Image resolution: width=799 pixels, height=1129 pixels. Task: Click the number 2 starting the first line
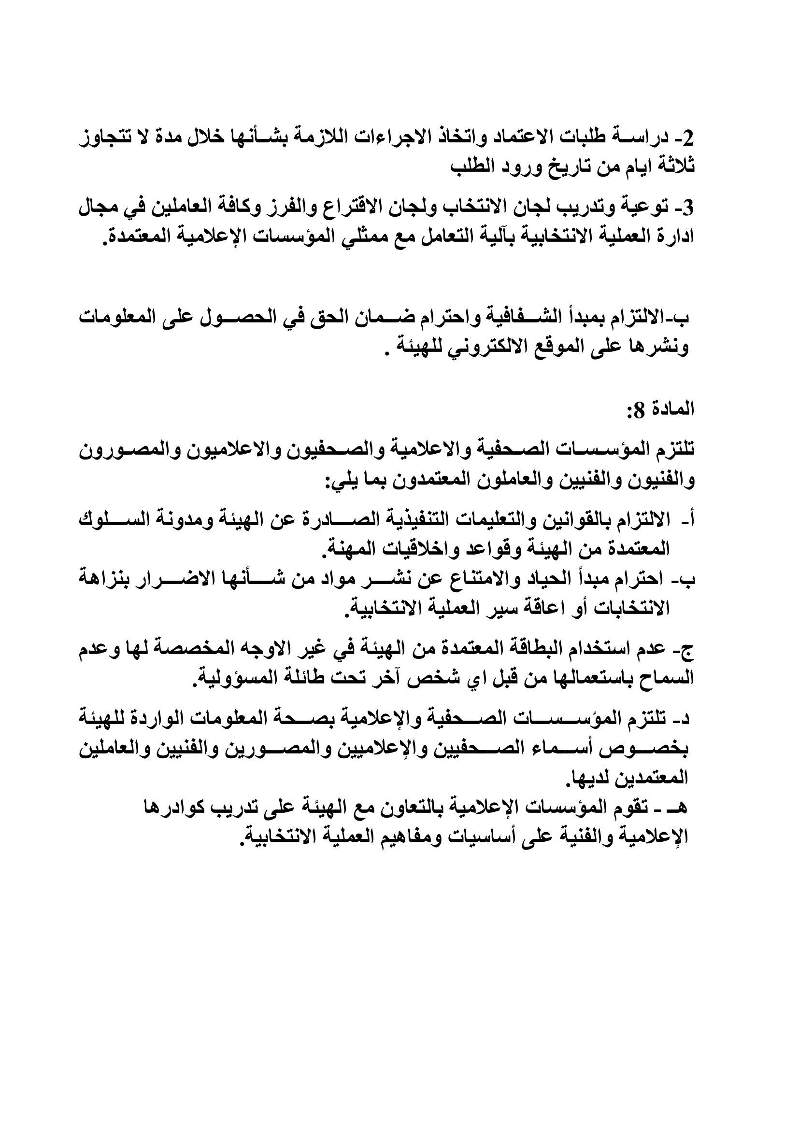point(687,138)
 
